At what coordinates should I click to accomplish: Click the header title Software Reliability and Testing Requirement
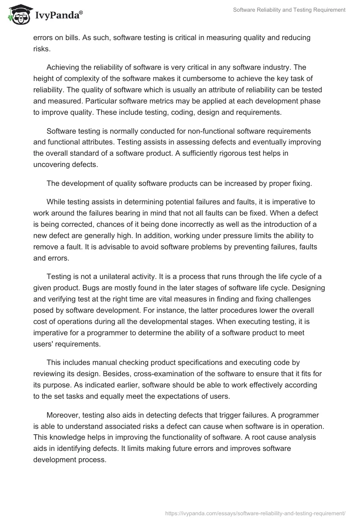[x=289, y=10]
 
